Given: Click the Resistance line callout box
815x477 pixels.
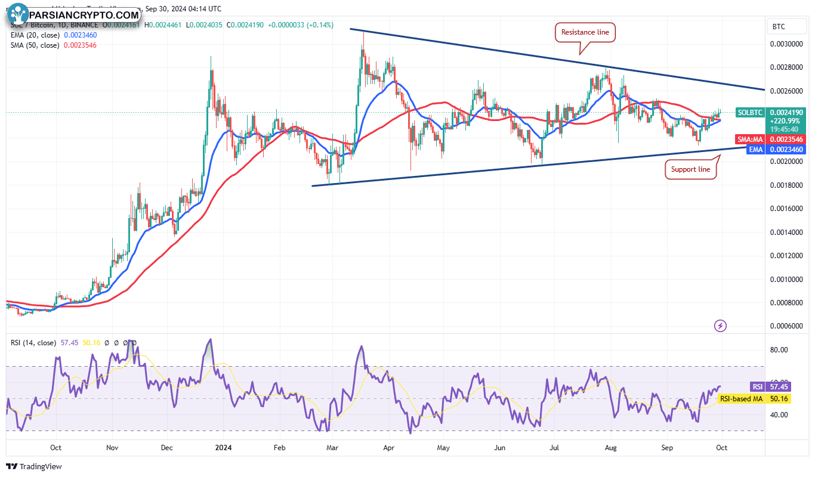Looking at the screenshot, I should coord(585,32).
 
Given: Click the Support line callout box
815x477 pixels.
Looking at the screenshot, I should coord(691,170).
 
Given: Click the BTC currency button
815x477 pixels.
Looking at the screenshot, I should coord(779,27).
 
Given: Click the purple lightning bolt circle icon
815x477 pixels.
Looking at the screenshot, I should coord(721,326).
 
